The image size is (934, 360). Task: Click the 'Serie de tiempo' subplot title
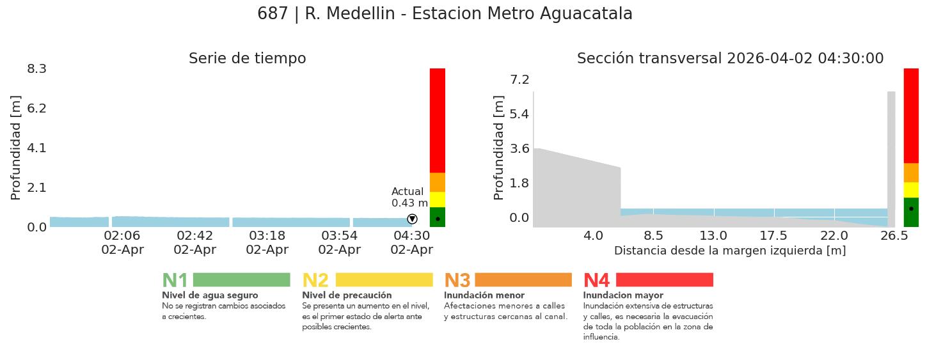[x=247, y=59]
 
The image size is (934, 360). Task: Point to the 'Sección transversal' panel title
[x=730, y=59]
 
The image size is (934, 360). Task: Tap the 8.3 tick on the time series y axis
[x=37, y=68]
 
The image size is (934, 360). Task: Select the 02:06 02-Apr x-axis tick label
[x=122, y=243]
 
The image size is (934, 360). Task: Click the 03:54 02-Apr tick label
[x=339, y=243]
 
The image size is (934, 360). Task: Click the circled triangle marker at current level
[x=412, y=219]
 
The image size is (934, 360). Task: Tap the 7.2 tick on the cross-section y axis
[x=519, y=79]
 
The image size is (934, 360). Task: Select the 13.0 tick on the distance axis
[x=713, y=235]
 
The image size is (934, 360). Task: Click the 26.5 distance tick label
[x=894, y=235]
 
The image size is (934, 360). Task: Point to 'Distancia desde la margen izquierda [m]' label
[x=730, y=251]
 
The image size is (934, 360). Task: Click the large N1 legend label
[x=175, y=281]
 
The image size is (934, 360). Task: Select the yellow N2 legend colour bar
[x=384, y=280]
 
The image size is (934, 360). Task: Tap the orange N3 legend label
[x=457, y=281]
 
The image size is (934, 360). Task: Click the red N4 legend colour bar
[x=664, y=280]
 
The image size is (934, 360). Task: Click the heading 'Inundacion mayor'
[x=623, y=295]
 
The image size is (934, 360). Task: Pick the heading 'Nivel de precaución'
[x=347, y=295]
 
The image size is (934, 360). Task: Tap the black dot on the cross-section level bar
[x=911, y=208]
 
